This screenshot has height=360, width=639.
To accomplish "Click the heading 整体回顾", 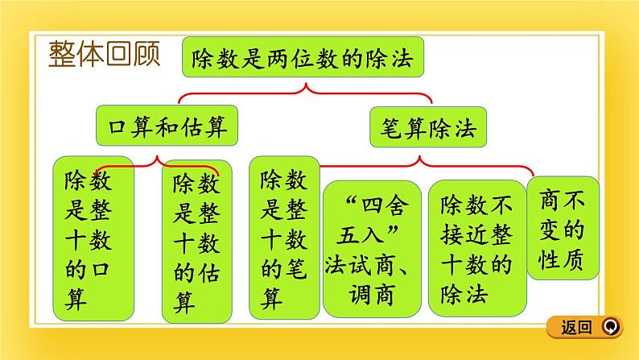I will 103,56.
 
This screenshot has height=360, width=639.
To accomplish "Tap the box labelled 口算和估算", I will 167,127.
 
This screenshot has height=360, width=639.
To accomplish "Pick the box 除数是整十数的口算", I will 86,238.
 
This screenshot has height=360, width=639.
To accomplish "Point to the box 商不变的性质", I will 563,229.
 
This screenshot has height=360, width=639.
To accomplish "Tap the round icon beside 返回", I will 611,327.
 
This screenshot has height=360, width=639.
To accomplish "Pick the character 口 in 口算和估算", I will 118,127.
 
